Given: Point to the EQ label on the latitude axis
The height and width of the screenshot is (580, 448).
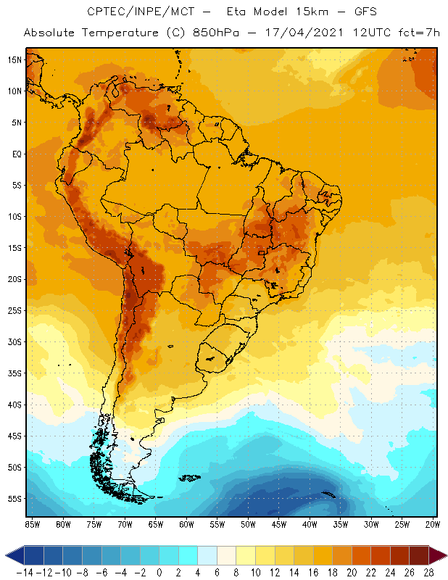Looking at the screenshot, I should pyautogui.click(x=14, y=154).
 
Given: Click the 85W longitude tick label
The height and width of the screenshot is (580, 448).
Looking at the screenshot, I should pyautogui.click(x=33, y=524).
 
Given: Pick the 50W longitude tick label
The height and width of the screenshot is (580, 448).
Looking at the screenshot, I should pyautogui.click(x=249, y=524).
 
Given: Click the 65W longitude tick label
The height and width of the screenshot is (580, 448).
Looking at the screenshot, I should pyautogui.click(x=156, y=524).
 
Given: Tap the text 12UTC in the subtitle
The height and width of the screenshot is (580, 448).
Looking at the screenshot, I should pyautogui.click(x=349, y=33).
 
